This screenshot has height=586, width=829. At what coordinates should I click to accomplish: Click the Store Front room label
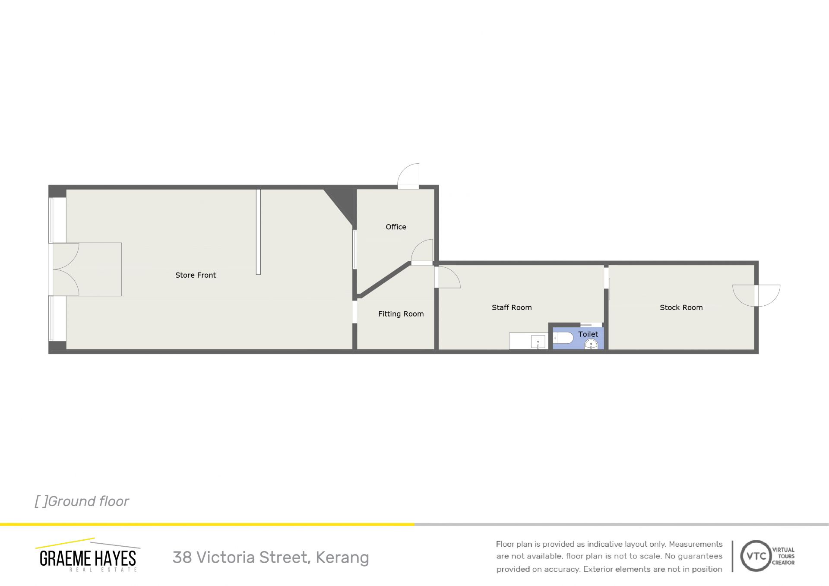tap(195, 275)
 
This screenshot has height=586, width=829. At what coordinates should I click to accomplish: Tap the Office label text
tap(396, 227)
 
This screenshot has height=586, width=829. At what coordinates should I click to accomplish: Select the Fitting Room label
tap(401, 314)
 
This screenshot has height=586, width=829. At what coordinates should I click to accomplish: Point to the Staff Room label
tap(512, 307)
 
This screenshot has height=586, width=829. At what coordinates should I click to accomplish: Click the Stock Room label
tap(681, 307)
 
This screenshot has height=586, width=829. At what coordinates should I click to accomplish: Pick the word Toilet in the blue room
tap(588, 334)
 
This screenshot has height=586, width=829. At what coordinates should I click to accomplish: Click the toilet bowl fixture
tap(563, 338)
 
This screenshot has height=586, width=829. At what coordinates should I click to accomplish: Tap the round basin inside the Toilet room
tap(591, 344)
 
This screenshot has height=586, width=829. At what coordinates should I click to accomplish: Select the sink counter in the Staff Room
tap(528, 341)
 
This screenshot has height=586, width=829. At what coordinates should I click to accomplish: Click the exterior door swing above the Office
tap(408, 176)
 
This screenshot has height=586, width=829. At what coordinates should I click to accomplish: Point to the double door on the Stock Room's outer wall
tap(756, 295)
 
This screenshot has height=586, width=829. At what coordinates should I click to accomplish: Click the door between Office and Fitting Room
tap(422, 252)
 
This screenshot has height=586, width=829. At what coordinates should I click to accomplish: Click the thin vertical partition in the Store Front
tap(258, 232)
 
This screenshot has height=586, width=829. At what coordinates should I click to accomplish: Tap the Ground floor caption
tap(82, 501)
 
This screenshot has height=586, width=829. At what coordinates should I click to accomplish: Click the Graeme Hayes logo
tap(88, 555)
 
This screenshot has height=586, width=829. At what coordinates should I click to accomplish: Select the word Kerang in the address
tap(342, 557)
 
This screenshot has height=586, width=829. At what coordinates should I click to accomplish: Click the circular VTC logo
tap(756, 556)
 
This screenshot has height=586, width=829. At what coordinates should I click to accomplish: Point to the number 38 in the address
tap(182, 557)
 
